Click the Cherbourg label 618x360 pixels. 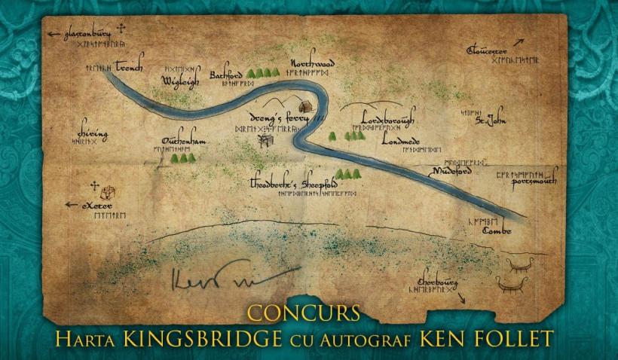tap(432, 279)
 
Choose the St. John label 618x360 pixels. tap(490, 119)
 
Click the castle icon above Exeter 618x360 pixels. tap(107, 191)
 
